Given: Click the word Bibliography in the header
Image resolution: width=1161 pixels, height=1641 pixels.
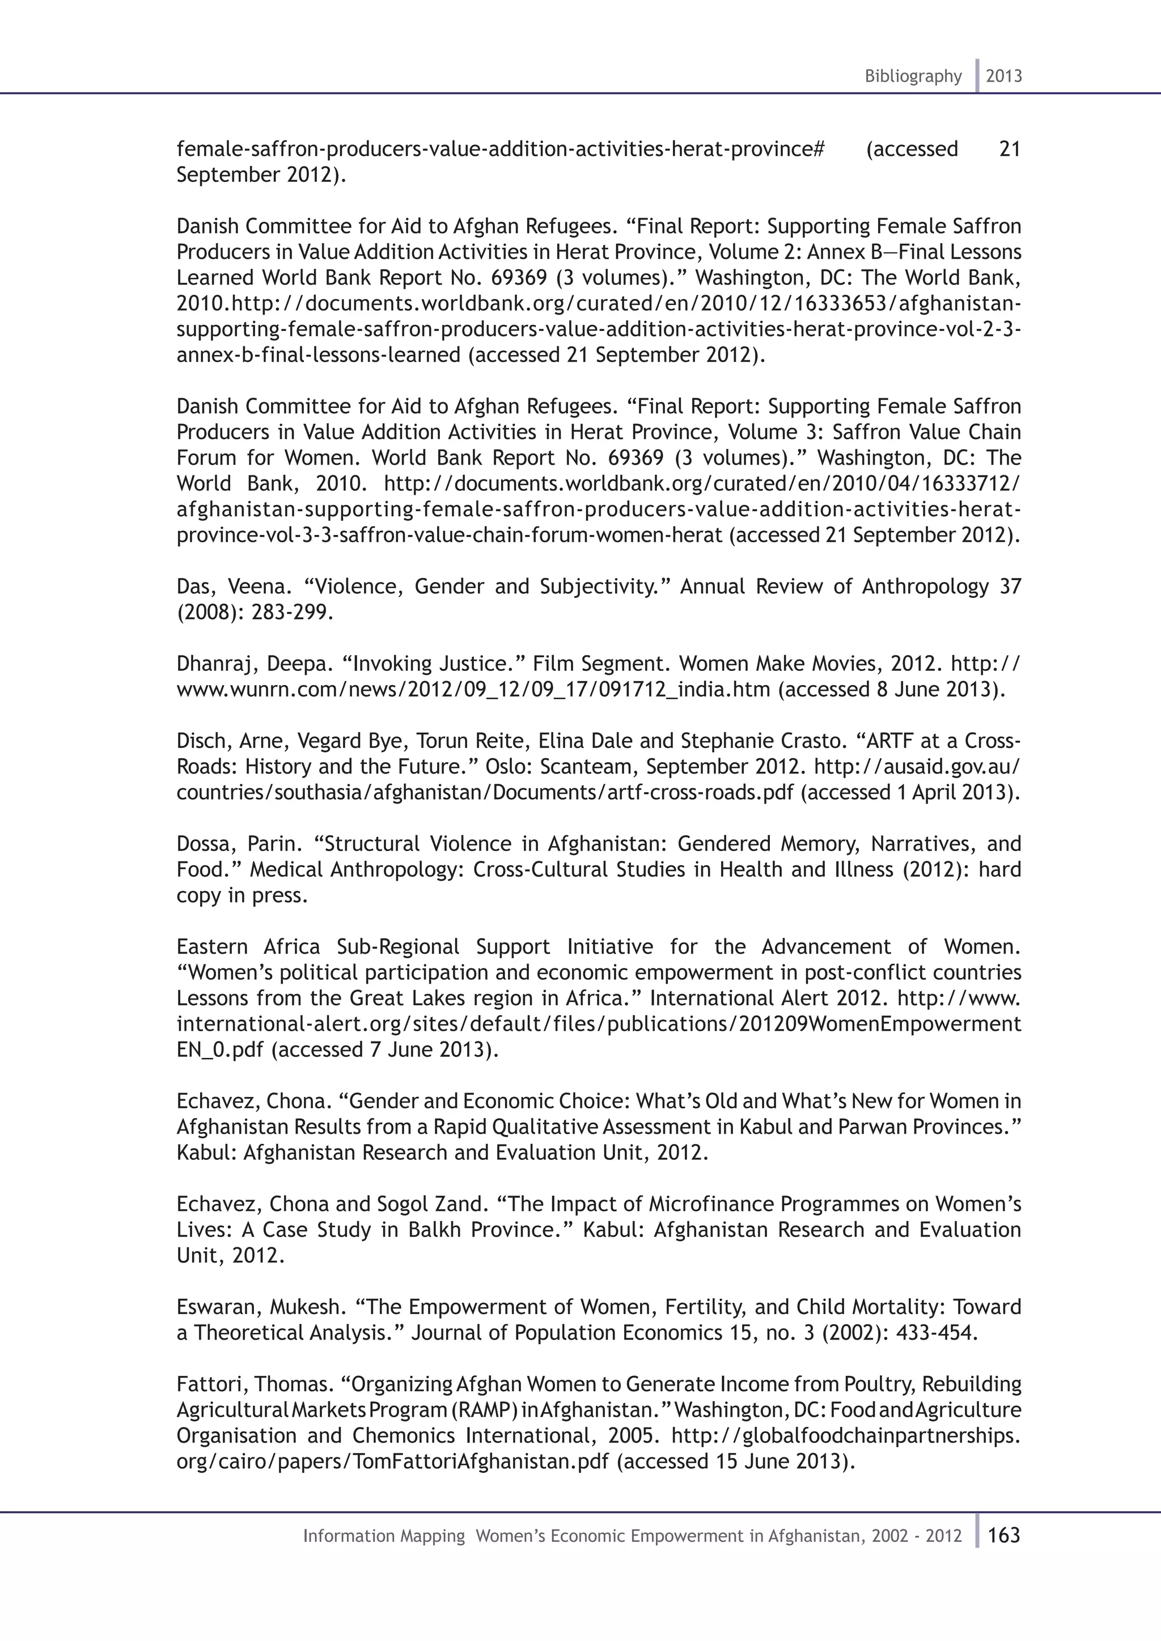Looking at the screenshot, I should (913, 76).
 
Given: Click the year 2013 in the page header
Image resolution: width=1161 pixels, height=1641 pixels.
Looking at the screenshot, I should (1004, 76).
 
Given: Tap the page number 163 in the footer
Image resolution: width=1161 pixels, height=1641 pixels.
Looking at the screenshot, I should (1004, 1535).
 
